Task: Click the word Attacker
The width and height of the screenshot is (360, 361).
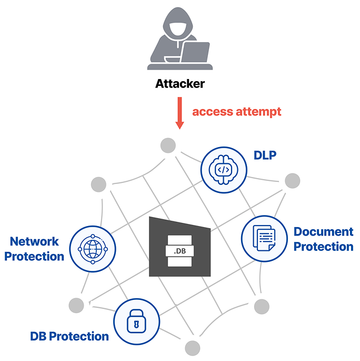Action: tap(180, 84)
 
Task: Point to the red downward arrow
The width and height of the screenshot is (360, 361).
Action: tap(179, 113)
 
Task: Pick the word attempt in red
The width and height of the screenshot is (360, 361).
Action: tap(257, 112)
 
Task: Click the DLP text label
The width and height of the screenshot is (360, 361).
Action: tap(265, 155)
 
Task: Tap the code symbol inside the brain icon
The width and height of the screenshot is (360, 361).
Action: tap(224, 170)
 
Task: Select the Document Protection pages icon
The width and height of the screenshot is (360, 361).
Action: tap(264, 238)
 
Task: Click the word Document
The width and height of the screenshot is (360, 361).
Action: tap(323, 232)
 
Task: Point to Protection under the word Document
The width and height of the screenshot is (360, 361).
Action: tap(323, 247)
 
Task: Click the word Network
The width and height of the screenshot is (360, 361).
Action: tap(35, 242)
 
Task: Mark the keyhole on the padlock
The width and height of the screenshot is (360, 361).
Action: tap(136, 323)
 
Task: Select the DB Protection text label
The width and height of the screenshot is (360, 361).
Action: tap(69, 336)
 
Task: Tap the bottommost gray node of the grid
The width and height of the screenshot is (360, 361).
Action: tap(193, 348)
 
